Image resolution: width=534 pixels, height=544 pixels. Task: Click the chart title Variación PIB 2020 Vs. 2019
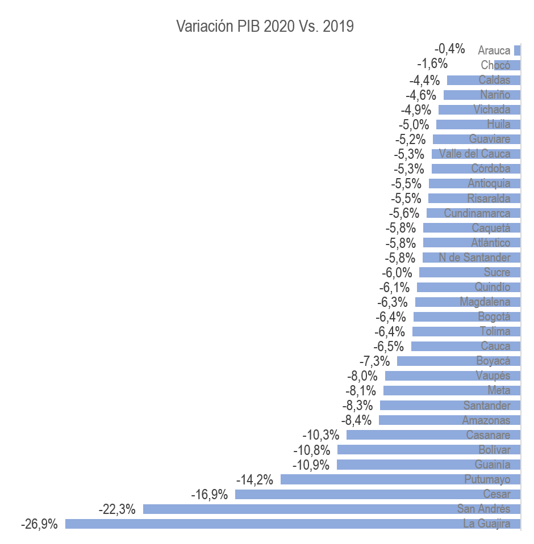coord(265,27)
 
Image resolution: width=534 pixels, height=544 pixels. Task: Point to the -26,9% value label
coord(39,524)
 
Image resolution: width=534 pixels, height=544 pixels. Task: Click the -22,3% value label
coord(117,509)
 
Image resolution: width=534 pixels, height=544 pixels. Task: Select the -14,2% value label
coord(255,480)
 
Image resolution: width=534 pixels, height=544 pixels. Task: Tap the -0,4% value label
coord(449,49)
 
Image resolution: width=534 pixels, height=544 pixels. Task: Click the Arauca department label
coord(494,50)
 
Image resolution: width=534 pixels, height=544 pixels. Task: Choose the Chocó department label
coord(495,65)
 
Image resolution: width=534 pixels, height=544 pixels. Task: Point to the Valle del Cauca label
coord(475,154)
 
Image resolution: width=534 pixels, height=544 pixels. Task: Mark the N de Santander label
coord(475,258)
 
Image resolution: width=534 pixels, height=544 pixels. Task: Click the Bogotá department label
coord(494,317)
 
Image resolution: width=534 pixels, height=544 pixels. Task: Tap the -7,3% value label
coord(375,361)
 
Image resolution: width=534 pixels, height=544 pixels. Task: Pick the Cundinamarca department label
coord(477,213)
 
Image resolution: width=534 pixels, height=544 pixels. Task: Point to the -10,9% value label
coord(311,465)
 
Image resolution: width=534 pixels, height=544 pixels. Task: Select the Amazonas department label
coord(486,420)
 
